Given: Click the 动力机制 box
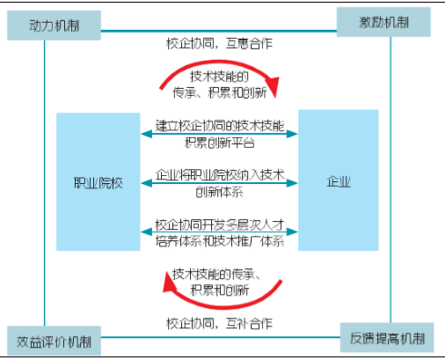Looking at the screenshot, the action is tap(54, 26).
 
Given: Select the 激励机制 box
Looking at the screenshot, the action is tap(383, 22).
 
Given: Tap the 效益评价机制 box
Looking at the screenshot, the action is tap(54, 341).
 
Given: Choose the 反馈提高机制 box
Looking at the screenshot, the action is tap(387, 337).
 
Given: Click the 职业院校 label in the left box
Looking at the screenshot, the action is tap(98, 183).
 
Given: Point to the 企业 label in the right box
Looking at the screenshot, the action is tap(339, 181).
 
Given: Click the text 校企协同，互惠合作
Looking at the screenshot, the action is tap(220, 44).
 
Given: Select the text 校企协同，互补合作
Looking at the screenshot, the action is tap(220, 324).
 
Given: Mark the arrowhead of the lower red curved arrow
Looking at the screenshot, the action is tap(169, 283).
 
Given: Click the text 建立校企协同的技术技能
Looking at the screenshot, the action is tap(220, 126).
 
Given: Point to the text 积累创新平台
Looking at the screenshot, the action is tap(220, 143).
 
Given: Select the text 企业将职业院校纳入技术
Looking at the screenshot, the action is tap(220, 175).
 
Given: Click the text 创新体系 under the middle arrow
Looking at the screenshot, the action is tap(219, 192).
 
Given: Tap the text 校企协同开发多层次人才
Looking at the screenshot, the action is tap(220, 224).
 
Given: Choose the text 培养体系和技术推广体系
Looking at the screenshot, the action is tap(220, 241).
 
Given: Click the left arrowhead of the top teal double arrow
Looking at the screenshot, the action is tap(146, 134).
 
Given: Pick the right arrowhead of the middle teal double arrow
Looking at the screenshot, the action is tap(292, 183).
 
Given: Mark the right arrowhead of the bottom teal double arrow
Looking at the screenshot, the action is tap(292, 231).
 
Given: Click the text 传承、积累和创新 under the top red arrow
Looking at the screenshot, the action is tap(220, 92).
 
